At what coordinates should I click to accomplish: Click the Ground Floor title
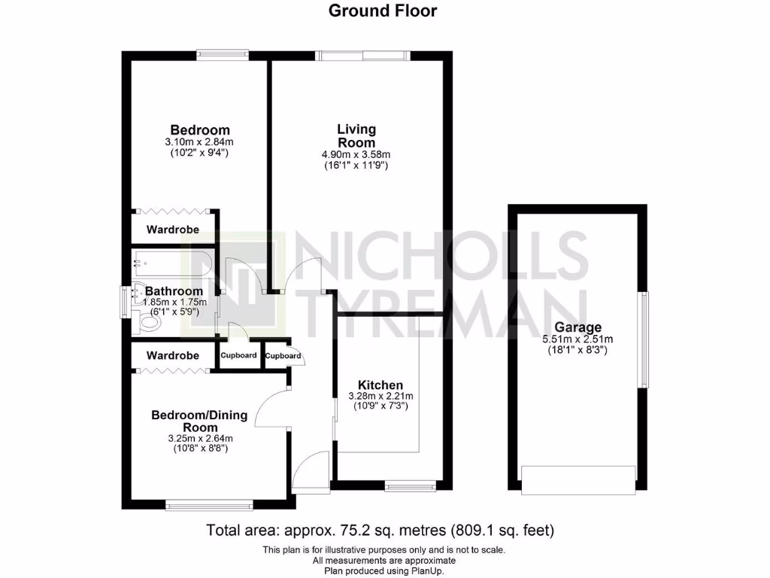click(x=383, y=11)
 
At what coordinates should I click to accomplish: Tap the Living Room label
click(x=356, y=136)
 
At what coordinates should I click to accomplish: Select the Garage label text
click(x=577, y=327)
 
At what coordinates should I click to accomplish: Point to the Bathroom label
click(x=174, y=291)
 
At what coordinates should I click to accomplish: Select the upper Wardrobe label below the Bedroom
click(x=173, y=230)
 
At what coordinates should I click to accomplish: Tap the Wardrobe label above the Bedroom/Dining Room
click(x=173, y=355)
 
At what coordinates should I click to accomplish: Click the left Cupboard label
click(x=238, y=355)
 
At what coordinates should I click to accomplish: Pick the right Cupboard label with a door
click(x=283, y=356)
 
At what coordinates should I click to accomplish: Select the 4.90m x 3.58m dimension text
click(x=356, y=155)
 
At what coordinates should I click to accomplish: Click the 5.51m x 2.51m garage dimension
click(x=577, y=339)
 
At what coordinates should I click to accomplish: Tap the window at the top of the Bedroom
click(x=223, y=54)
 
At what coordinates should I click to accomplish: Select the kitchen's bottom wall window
click(x=411, y=487)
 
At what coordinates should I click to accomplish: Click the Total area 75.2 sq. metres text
click(x=380, y=531)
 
